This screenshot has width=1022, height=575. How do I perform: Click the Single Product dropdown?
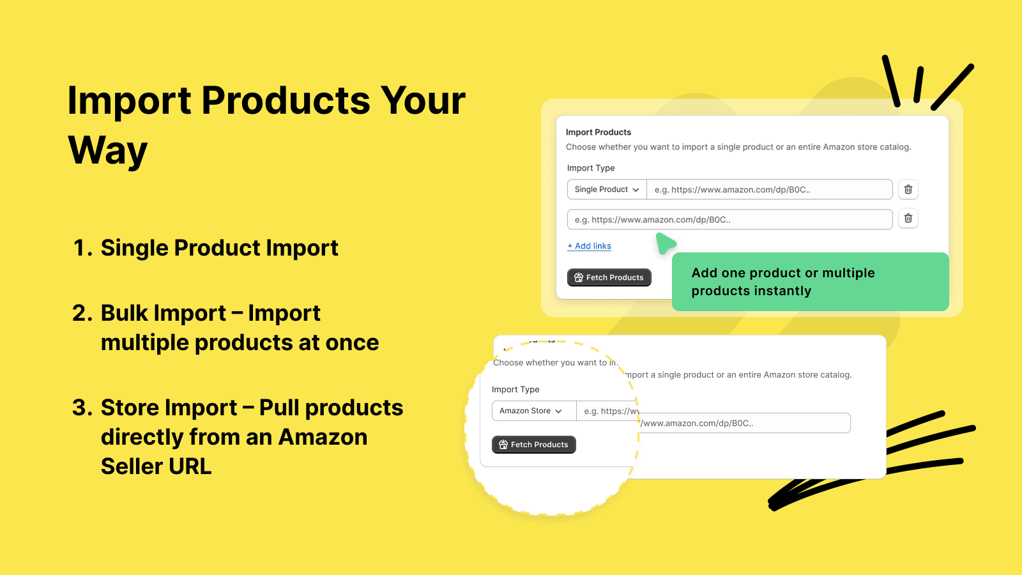pyautogui.click(x=606, y=190)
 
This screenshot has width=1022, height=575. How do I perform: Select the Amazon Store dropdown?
pyautogui.click(x=530, y=411)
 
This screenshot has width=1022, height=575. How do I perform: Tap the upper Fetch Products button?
pyautogui.click(x=609, y=277)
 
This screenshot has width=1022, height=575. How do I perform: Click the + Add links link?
pyautogui.click(x=589, y=246)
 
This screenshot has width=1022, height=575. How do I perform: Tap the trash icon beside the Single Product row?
pyautogui.click(x=908, y=190)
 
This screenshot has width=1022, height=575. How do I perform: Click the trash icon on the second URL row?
pyautogui.click(x=908, y=218)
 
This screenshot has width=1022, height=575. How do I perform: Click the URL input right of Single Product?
pyautogui.click(x=769, y=190)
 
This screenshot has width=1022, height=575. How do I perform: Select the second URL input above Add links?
pyautogui.click(x=729, y=220)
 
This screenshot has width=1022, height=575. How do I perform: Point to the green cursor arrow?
pyautogui.click(x=665, y=243)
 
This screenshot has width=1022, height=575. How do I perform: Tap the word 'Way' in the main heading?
pyautogui.click(x=107, y=151)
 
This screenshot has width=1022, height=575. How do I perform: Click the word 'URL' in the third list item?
pyautogui.click(x=190, y=467)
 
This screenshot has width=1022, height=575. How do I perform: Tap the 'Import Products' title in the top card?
pyautogui.click(x=598, y=132)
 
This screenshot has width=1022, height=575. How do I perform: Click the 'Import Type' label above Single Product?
pyautogui.click(x=590, y=168)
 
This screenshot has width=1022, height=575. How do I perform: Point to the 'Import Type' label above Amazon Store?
pyautogui.click(x=515, y=390)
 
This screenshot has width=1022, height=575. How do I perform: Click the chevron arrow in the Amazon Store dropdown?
pyautogui.click(x=559, y=411)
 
